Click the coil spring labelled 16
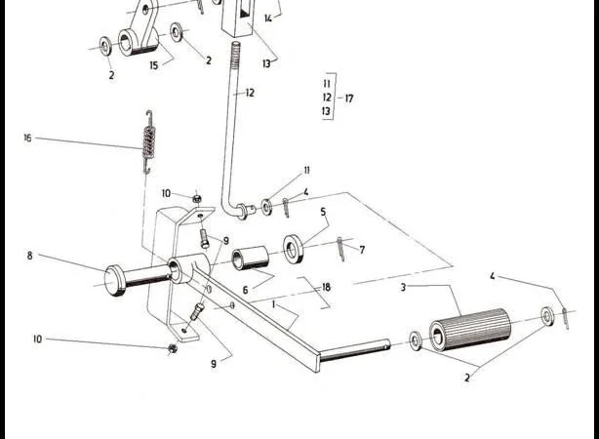tap(149, 142)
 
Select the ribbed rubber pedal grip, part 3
tap(470, 329)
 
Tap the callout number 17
tap(349, 99)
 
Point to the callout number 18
tap(326, 288)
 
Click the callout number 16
tap(27, 138)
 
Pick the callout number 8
tap(30, 256)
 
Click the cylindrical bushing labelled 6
tap(251, 259)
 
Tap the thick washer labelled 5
tap(294, 249)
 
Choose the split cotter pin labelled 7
tap(340, 249)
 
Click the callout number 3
tap(403, 288)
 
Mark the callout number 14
tap(268, 18)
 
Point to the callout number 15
tap(153, 65)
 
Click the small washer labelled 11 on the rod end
tap(266, 207)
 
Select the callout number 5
tap(323, 212)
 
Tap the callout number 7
tap(362, 250)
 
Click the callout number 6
tap(245, 291)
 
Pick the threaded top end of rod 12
tap(236, 56)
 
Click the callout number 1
tap(273, 305)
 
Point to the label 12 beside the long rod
tap(250, 93)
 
